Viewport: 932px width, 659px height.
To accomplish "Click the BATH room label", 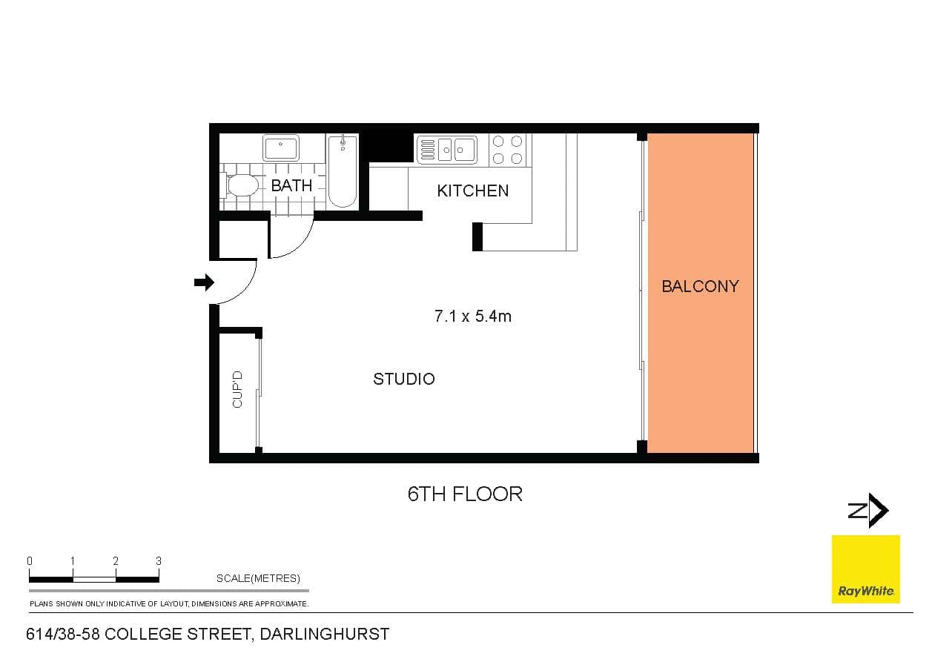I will point(291,185).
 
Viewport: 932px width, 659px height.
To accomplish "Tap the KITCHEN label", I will point(472,191).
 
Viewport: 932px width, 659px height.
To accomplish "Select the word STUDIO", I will point(403,379).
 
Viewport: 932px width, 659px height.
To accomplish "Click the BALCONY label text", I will point(700,286).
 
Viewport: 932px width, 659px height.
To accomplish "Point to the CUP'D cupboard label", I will point(238,389).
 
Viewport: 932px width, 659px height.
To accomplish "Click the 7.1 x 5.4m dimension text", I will point(472,317).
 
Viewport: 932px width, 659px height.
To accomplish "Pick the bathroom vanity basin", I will point(280,148).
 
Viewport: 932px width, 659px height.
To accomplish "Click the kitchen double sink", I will point(446,150).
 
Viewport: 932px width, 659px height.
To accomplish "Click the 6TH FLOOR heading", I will point(465,494).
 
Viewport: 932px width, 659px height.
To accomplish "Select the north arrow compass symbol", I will point(868,511).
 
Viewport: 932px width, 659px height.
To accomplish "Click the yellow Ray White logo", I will point(865,569).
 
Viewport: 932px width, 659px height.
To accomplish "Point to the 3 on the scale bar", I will point(159,561).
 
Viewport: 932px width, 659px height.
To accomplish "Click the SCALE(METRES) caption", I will point(258,578).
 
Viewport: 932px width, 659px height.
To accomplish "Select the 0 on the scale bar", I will point(30,561).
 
